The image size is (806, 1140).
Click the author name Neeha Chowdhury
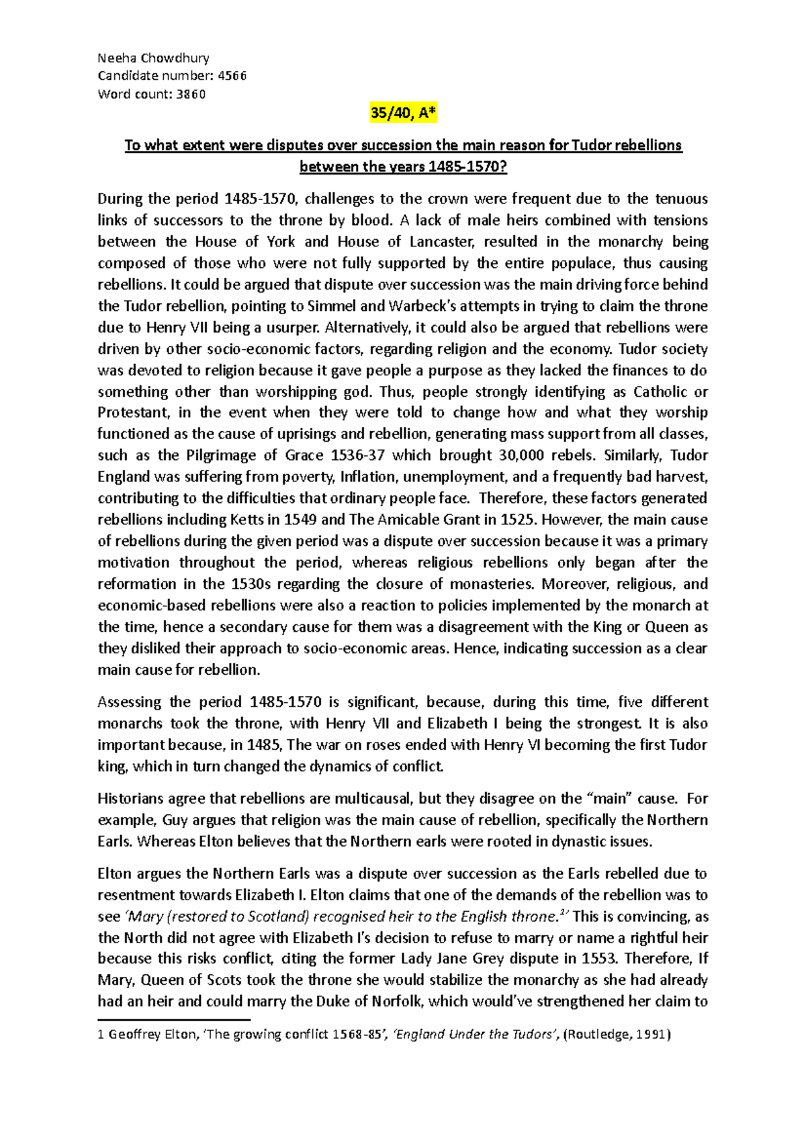pos(153,58)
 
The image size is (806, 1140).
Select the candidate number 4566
pos(232,76)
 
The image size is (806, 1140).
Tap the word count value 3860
pos(191,94)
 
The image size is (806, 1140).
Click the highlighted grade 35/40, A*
pos(403,114)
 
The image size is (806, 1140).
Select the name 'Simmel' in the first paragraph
pos(332,306)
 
